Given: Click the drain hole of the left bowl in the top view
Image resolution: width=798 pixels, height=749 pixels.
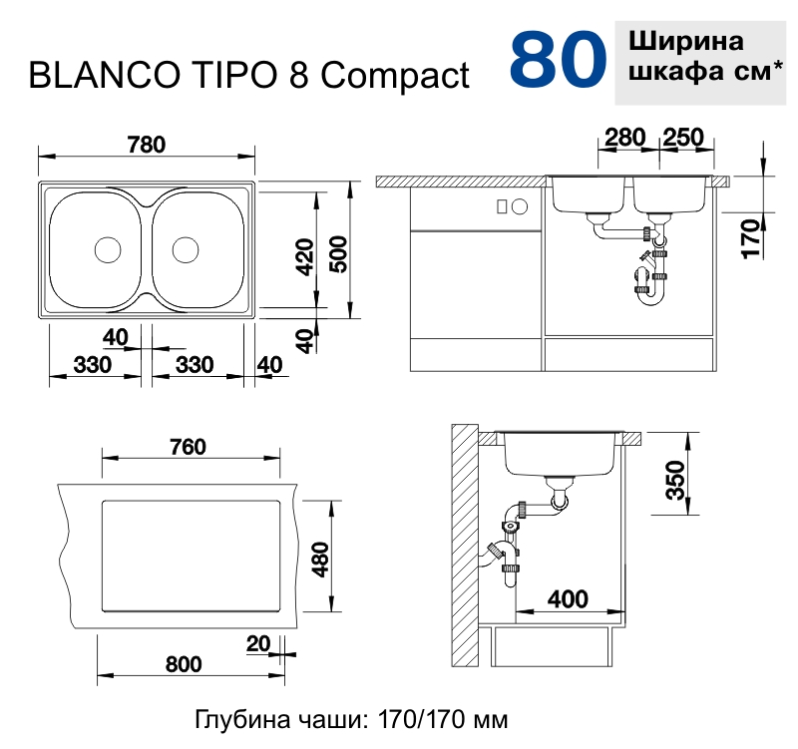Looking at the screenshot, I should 107,248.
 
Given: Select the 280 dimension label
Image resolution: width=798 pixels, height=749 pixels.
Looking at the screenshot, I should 625,138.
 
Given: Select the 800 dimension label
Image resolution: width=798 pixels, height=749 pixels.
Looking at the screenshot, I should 183,663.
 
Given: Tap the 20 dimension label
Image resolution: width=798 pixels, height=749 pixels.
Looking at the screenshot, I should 257,643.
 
